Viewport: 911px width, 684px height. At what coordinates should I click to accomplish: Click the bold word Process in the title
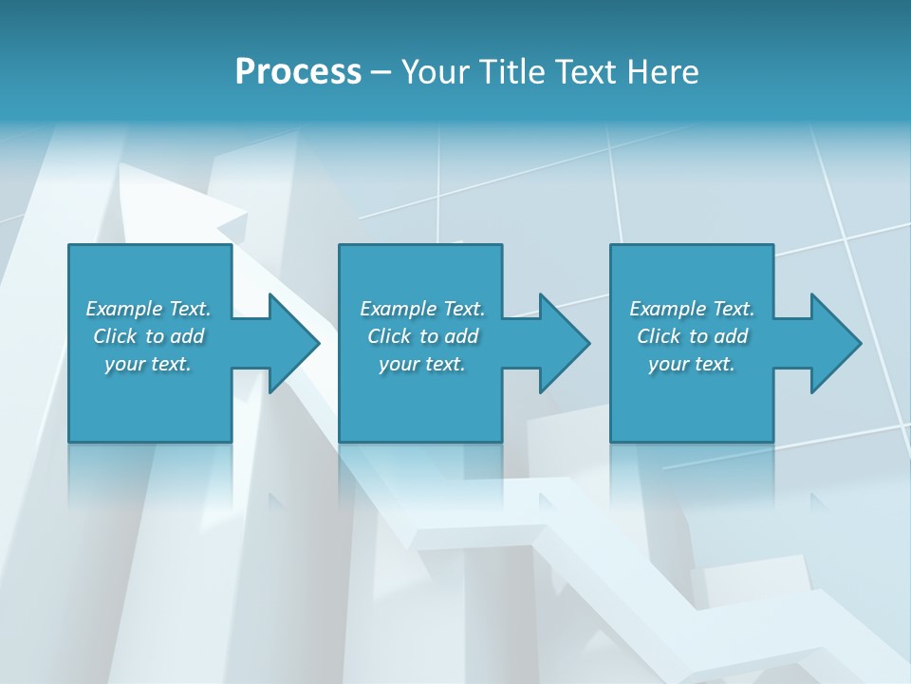tap(298, 72)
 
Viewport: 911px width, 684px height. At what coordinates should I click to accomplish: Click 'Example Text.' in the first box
tap(148, 309)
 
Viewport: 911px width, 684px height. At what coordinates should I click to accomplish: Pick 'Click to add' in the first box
tap(148, 336)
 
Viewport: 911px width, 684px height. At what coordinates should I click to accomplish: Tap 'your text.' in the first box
tap(148, 364)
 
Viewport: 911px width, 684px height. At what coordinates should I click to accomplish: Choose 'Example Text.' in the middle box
tap(422, 309)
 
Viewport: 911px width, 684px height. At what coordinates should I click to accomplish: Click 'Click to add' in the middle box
tap(422, 336)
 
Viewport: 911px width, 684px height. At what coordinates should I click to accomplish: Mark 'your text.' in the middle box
tap(422, 364)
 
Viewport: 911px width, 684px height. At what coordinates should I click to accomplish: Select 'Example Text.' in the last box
tap(692, 309)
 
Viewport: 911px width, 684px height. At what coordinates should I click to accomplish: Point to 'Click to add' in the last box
tap(692, 336)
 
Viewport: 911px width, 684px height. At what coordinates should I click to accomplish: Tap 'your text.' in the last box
tap(692, 364)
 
